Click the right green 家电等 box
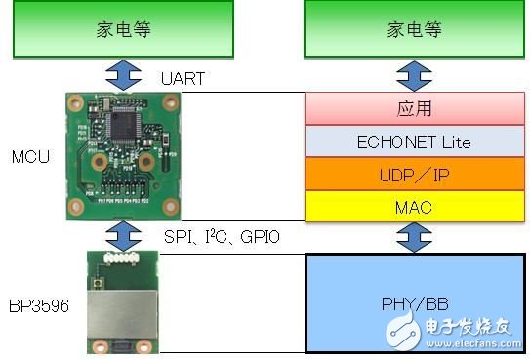point(414,28)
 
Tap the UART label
point(183,79)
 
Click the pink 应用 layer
point(414,109)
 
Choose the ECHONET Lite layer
point(414,141)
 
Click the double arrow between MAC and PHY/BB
point(414,236)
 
